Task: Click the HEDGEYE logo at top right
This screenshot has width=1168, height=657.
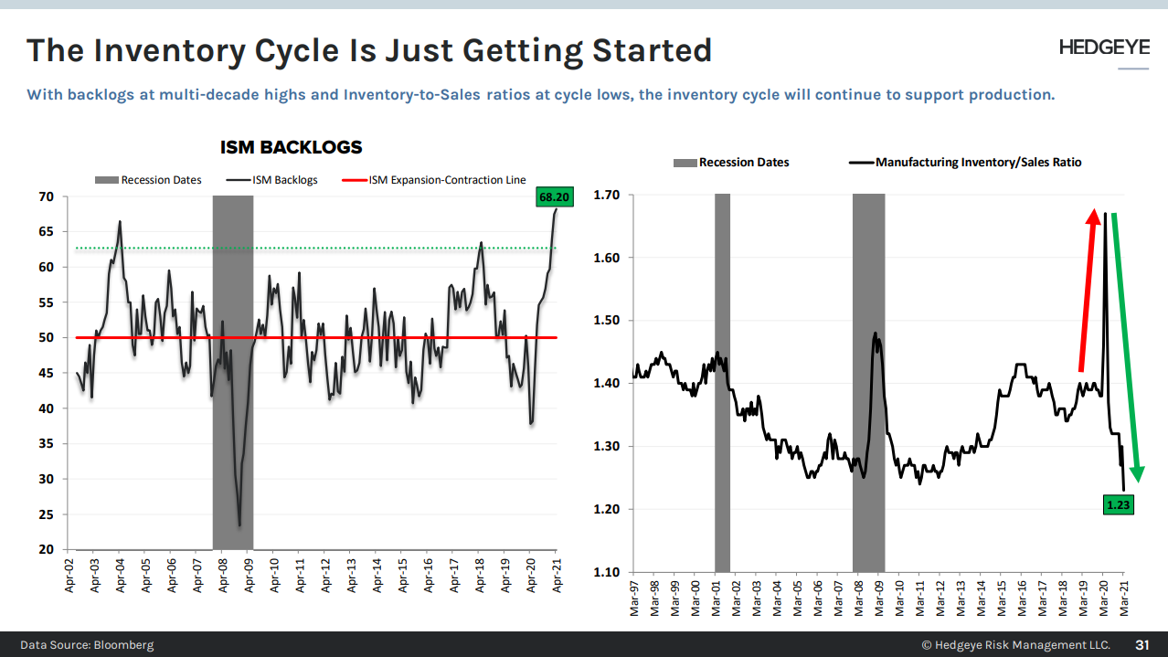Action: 1104,48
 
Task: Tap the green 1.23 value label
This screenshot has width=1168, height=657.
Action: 1119,503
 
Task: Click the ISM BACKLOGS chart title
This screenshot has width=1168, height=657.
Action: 292,147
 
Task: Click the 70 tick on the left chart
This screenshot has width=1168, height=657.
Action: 47,196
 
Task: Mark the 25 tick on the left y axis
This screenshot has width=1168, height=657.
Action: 47,514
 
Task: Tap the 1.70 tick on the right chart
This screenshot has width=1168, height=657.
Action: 606,195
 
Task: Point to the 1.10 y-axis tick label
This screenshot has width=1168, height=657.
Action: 606,572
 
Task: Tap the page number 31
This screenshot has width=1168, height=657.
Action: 1141,644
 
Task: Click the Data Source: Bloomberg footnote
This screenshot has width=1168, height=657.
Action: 87,644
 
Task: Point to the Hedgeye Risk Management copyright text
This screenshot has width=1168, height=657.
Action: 1015,644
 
